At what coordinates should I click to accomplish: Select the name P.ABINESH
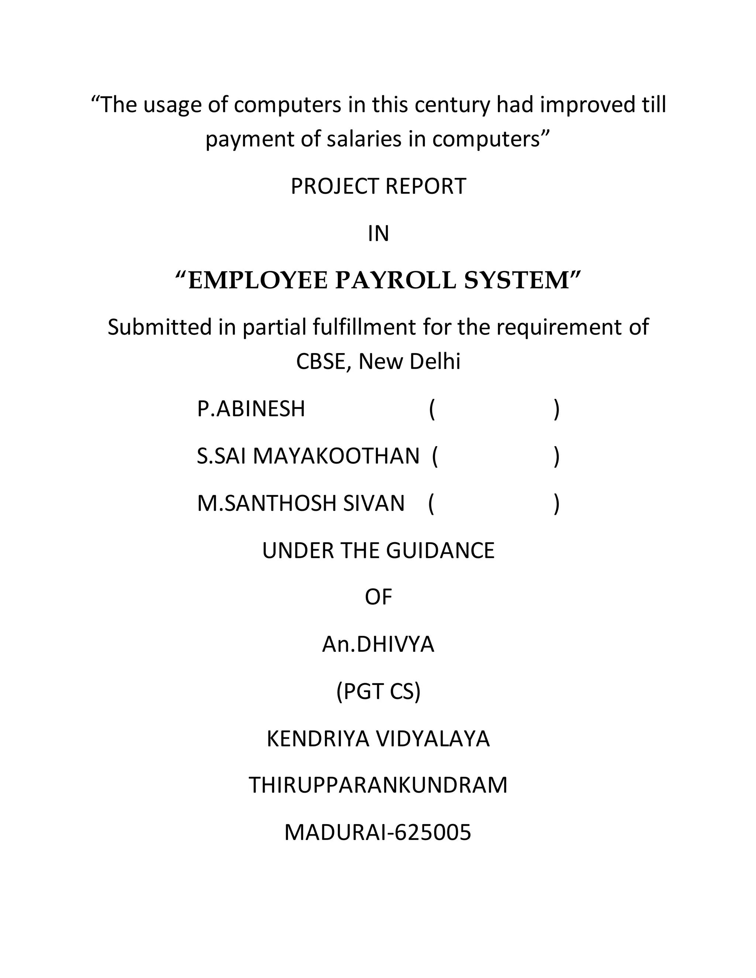251,409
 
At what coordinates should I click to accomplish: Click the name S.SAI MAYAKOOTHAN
308,456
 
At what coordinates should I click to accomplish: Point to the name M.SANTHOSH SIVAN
301,503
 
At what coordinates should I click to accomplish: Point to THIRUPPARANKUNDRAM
378,785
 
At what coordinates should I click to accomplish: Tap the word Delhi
435,362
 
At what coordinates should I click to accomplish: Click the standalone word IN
378,234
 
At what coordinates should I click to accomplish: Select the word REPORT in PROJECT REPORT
426,187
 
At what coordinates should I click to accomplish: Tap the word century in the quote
452,105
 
